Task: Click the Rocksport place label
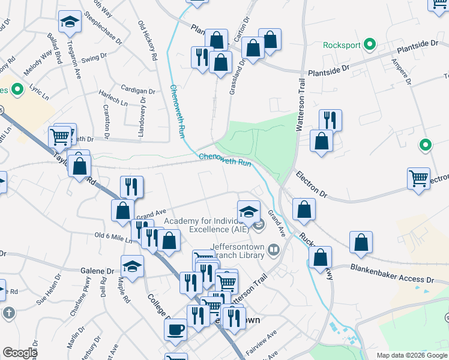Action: [342, 45]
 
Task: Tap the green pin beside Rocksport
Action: [370, 44]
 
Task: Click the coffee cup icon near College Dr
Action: [175, 328]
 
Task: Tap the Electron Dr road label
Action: [312, 185]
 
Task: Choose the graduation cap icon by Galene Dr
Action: [133, 266]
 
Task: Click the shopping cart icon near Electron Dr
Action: [418, 178]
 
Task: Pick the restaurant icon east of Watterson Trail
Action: [330, 119]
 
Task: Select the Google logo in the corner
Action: [20, 353]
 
